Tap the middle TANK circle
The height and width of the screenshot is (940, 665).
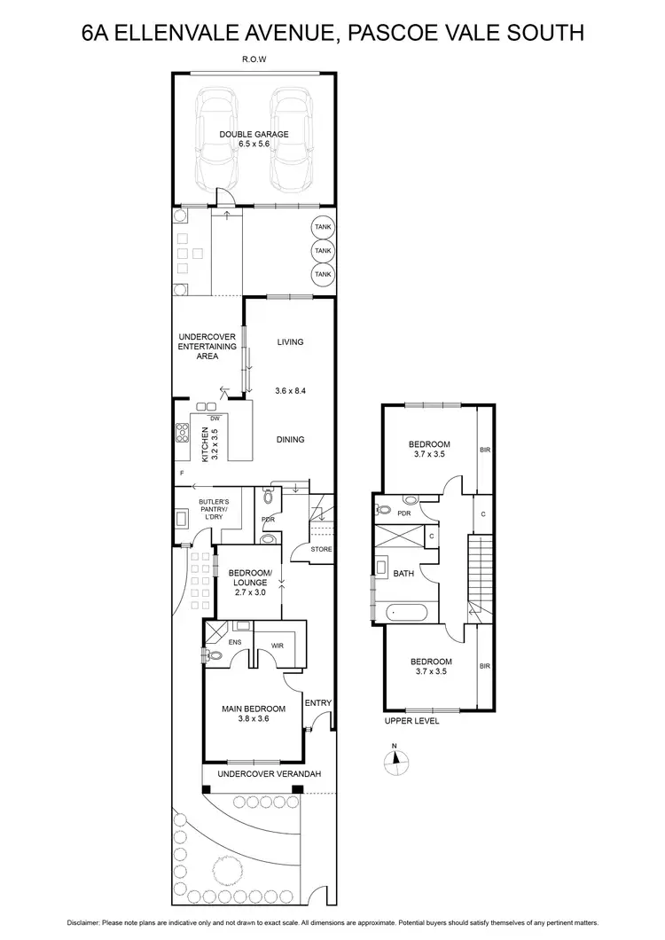pyautogui.click(x=322, y=251)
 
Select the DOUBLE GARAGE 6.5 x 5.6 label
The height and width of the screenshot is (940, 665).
pyautogui.click(x=254, y=140)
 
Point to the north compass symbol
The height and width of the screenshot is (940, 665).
pyautogui.click(x=396, y=758)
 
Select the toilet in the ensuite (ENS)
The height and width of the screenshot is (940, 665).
pyautogui.click(x=213, y=656)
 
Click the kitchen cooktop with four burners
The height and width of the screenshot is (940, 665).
pyautogui.click(x=183, y=434)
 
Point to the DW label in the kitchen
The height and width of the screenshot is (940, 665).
pyautogui.click(x=215, y=419)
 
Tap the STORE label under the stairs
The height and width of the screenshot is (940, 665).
pyautogui.click(x=321, y=549)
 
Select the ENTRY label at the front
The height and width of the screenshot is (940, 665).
pyautogui.click(x=317, y=703)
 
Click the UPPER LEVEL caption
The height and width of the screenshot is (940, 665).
pyautogui.click(x=411, y=721)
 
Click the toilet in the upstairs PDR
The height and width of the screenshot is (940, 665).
pyautogui.click(x=381, y=510)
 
